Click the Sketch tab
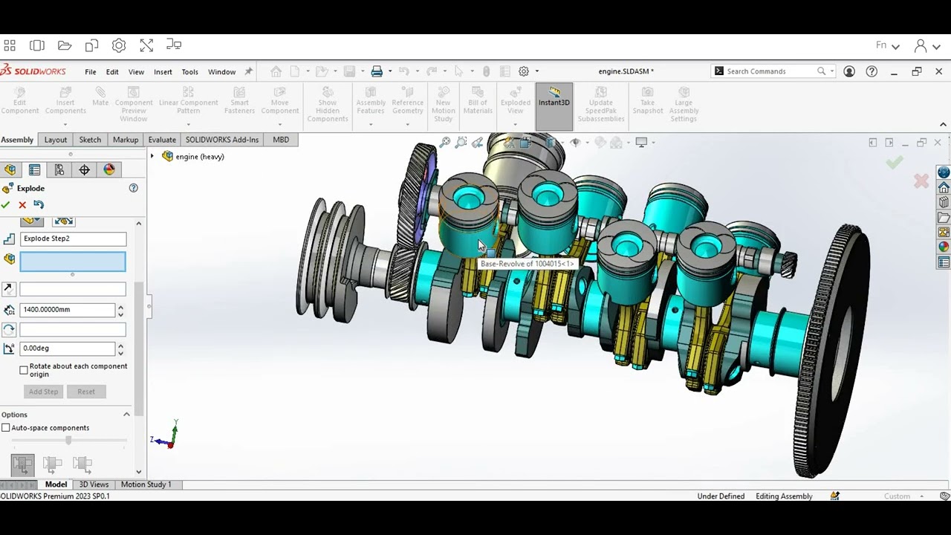tap(90, 140)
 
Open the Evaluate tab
tap(162, 140)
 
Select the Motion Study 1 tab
tap(146, 484)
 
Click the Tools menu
tap(189, 72)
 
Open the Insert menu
tap(163, 72)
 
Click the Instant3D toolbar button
tap(554, 103)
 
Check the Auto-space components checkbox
tap(6, 428)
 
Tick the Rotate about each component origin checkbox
tap(24, 370)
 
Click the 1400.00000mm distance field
tap(67, 309)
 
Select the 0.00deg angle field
tap(67, 348)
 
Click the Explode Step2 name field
tap(73, 239)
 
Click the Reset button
tap(86, 392)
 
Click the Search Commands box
tap(769, 71)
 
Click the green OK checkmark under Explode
tap(6, 205)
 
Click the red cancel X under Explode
tap(22, 205)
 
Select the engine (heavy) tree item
tap(199, 157)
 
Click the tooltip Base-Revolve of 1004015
tap(527, 264)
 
